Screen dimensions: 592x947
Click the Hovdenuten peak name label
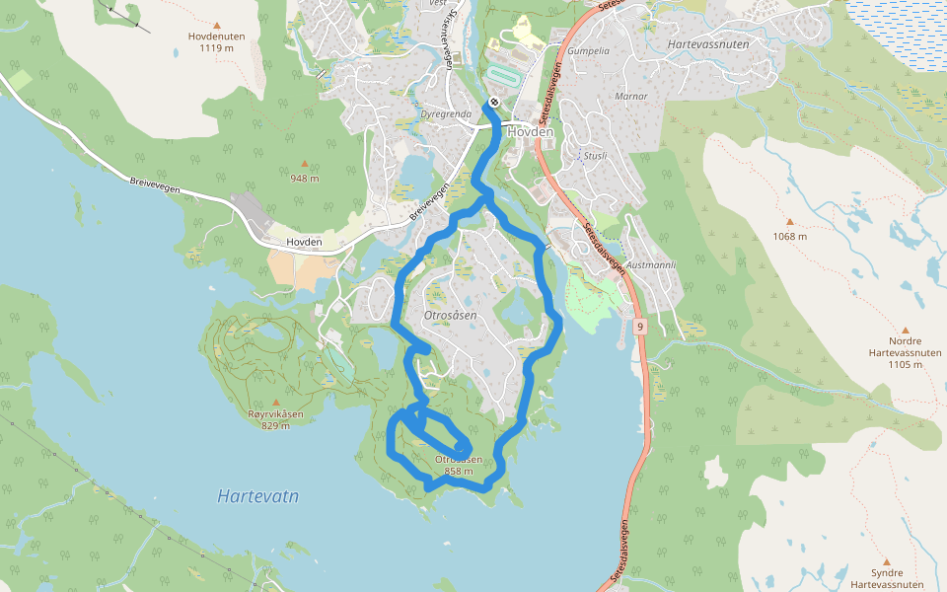216,36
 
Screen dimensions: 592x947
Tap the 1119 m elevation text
216,47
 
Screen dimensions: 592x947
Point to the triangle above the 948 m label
304,164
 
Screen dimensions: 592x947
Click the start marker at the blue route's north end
492,103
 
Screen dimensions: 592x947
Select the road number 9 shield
640,326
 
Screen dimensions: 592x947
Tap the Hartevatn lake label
257,496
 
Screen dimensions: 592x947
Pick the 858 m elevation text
459,472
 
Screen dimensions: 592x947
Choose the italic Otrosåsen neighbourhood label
449,316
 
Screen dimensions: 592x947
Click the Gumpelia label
589,50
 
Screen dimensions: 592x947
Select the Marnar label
630,97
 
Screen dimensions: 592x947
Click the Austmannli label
651,265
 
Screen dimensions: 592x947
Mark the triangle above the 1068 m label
789,222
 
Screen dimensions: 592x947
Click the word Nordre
905,340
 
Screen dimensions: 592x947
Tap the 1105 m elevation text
905,364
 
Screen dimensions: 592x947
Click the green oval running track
503,75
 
